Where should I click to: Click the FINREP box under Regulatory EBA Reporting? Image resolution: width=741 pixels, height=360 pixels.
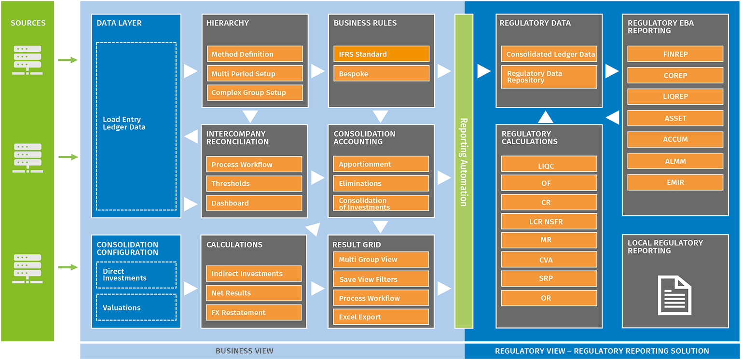pyautogui.click(x=675, y=54)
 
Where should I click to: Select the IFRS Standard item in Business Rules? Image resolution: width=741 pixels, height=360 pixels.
pyautogui.click(x=381, y=54)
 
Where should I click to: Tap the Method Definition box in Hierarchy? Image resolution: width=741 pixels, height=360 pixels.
pyautogui.click(x=255, y=54)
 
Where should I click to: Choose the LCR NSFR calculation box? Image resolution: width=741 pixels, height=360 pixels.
pyautogui.click(x=549, y=222)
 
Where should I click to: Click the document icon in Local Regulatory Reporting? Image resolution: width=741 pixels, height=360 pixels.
pyautogui.click(x=675, y=295)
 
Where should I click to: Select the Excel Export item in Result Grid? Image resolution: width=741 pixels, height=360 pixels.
pyautogui.click(x=381, y=317)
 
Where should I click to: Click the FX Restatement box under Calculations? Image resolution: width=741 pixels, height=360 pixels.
pyautogui.click(x=254, y=313)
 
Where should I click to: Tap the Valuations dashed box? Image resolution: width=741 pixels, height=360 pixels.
pyautogui.click(x=136, y=307)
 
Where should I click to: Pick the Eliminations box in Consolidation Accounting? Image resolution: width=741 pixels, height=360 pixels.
pyautogui.click(x=381, y=183)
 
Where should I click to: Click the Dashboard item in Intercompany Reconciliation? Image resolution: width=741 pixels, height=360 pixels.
pyautogui.click(x=254, y=203)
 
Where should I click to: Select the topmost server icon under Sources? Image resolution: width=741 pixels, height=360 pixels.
pyautogui.click(x=27, y=60)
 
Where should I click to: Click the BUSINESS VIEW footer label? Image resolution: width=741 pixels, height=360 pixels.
pyautogui.click(x=244, y=351)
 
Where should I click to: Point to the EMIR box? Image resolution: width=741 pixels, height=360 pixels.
pyautogui.click(x=675, y=182)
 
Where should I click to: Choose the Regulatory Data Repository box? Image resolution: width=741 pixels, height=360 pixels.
pyautogui.click(x=549, y=77)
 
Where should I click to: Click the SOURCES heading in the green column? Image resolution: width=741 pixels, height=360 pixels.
pyautogui.click(x=28, y=23)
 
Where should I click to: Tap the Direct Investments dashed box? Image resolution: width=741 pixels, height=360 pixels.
pyautogui.click(x=136, y=275)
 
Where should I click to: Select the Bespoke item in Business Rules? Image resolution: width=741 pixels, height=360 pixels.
pyautogui.click(x=381, y=74)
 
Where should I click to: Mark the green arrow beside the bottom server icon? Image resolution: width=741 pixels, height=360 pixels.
pyautogui.click(x=68, y=267)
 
